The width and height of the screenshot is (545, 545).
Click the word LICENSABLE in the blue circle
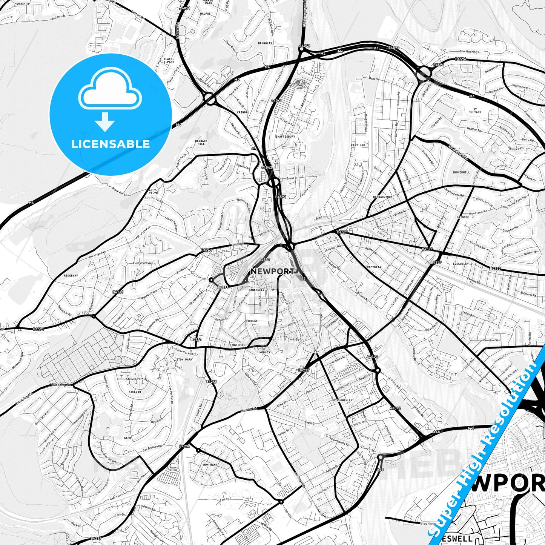111,144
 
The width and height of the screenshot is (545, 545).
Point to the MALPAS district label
206,14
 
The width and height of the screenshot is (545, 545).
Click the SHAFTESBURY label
286,137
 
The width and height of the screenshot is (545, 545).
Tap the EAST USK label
358,145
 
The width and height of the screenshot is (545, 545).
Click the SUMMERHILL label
461,172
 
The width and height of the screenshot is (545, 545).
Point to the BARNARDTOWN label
382,197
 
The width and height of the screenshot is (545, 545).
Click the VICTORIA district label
373,267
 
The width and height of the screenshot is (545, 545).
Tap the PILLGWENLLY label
343,400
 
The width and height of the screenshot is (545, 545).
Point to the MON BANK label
210,465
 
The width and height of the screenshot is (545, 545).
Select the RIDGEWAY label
71,276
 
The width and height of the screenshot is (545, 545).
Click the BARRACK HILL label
201,142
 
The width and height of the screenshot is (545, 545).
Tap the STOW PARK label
184,359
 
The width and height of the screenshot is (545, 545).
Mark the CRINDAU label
243,112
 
